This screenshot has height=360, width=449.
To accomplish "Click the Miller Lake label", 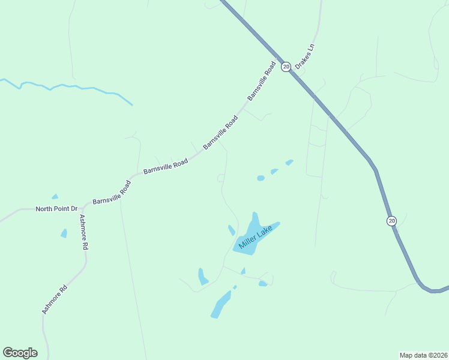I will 255,237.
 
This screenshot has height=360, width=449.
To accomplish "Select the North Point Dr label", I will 57,209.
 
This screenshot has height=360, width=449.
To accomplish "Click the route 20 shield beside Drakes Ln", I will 286,67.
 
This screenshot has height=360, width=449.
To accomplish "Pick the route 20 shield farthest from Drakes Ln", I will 391,221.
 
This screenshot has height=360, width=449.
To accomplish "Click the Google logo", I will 20,353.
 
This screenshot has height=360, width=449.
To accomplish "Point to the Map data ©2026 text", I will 423,355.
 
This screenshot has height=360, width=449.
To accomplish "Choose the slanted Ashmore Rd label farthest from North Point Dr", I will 55,299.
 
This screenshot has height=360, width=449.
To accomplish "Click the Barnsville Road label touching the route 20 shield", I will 262,80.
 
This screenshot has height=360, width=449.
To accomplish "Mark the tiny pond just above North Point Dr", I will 55,196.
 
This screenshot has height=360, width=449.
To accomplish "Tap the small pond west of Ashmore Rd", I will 64,233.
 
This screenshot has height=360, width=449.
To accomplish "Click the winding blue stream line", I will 66,88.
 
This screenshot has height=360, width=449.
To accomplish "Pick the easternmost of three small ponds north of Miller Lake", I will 289,162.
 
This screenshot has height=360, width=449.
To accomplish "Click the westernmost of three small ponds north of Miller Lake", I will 261,178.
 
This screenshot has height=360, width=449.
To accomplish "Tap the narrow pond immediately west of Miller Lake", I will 232,230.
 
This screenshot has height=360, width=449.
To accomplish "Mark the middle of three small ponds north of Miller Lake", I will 274,172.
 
